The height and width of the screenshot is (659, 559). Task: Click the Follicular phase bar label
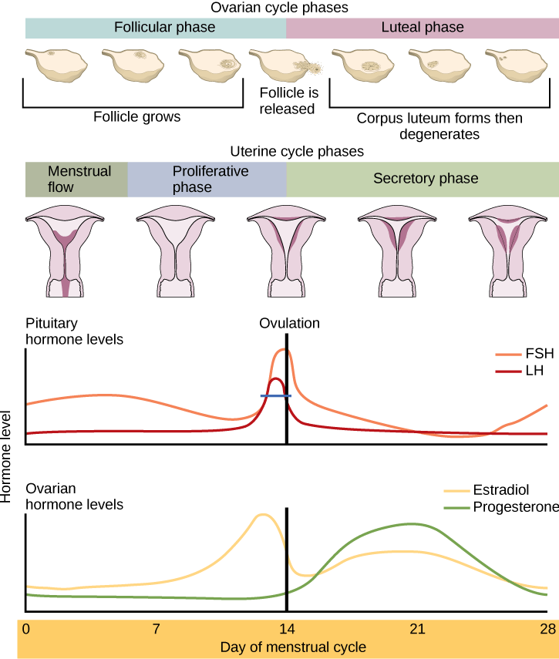coord(164,28)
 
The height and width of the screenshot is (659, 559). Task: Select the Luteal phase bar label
coord(423,28)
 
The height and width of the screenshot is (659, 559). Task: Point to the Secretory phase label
coord(426,179)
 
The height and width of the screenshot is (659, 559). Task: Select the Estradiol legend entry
coord(501,490)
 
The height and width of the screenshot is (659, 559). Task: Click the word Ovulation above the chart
coord(289,323)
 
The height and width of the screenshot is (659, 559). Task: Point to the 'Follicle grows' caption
coord(136,117)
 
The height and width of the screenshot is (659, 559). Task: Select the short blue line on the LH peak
coord(275,395)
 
